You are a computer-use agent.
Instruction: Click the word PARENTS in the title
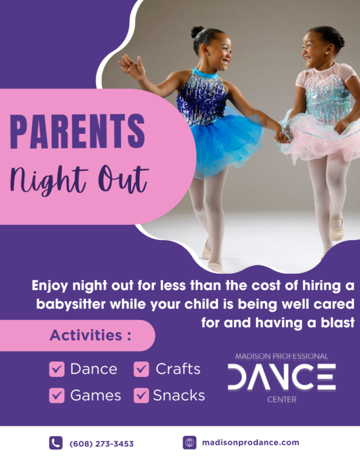point(77,132)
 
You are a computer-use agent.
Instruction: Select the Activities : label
point(90,336)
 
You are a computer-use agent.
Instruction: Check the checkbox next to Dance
point(57,369)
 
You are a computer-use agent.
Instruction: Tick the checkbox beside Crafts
point(142,369)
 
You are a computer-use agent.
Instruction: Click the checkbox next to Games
point(57,396)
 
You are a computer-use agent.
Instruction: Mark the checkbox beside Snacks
point(142,396)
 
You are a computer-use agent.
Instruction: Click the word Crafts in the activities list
point(178,369)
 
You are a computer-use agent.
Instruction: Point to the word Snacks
point(179,396)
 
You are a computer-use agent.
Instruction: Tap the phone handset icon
point(55,443)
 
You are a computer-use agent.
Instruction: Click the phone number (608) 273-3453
point(101,443)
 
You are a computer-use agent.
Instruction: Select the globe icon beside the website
point(189,443)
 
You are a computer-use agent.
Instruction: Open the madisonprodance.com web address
point(250,443)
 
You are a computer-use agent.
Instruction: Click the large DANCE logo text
point(281,377)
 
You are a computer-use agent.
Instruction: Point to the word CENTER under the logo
point(281,400)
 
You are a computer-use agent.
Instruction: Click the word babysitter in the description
point(66,305)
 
